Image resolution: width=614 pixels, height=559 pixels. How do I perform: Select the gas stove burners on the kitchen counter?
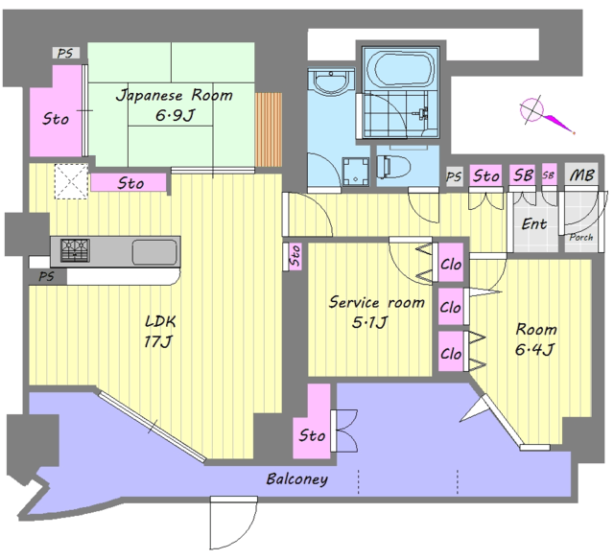pyautogui.click(x=75, y=250)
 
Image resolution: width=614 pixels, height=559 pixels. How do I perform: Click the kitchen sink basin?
pyautogui.click(x=154, y=252)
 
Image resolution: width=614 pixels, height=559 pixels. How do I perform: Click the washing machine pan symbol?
pyautogui.click(x=356, y=172)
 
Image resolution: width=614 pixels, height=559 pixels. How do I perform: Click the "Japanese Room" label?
pyautogui.click(x=175, y=96)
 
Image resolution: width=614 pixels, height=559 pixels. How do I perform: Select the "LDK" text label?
pyautogui.click(x=160, y=322)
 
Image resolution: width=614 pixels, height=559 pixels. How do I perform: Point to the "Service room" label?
pyautogui.click(x=377, y=302)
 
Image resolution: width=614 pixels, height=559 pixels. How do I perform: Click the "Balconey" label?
pyautogui.click(x=296, y=478)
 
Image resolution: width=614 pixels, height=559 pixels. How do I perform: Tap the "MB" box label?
pyautogui.click(x=581, y=175)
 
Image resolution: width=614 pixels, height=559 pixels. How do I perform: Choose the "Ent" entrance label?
pyautogui.click(x=534, y=224)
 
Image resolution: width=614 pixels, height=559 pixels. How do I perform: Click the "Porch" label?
pyautogui.click(x=581, y=237)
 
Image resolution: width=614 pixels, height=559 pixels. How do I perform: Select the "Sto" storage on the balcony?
pyautogui.click(x=312, y=435)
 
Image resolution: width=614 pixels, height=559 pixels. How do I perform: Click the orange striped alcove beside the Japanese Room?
pyautogui.click(x=269, y=129)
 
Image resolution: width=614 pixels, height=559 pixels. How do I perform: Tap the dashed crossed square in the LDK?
pyautogui.click(x=71, y=181)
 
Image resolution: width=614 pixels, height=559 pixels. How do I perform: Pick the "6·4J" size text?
pyautogui.click(x=534, y=349)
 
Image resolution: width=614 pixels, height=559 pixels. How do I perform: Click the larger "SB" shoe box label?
pyautogui.click(x=523, y=175)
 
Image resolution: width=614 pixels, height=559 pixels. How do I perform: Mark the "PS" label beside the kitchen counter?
pyautogui.click(x=46, y=277)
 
